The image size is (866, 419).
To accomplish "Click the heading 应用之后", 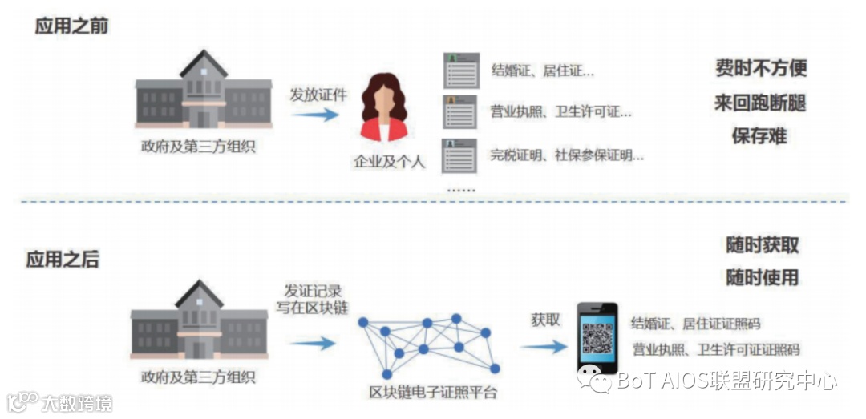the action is [x=63, y=260].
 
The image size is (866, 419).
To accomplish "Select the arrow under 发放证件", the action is [x=315, y=115].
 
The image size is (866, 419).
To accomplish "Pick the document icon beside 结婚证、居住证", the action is [x=461, y=71].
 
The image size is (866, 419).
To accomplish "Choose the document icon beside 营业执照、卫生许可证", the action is [x=461, y=112].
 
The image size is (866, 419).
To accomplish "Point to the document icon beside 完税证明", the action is [x=461, y=155].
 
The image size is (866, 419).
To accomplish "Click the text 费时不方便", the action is [x=761, y=68].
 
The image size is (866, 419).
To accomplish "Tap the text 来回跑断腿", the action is [x=760, y=103].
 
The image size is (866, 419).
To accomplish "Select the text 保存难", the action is [x=759, y=135].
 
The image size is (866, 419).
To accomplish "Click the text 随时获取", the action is [x=763, y=245].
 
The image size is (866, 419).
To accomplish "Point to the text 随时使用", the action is [x=763, y=278].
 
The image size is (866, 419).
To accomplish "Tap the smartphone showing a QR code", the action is [x=597, y=338].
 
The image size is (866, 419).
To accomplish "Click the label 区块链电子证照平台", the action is [x=433, y=393].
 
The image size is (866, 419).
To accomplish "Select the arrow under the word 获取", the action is [x=544, y=347].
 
